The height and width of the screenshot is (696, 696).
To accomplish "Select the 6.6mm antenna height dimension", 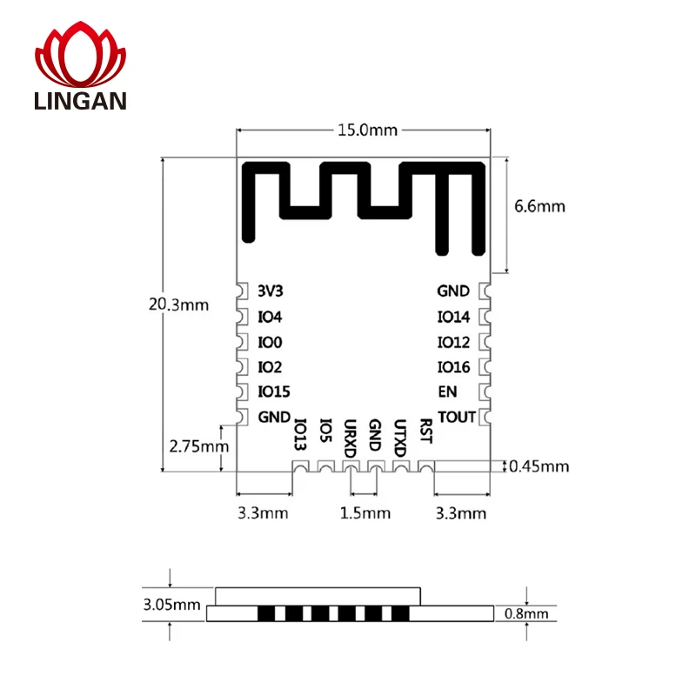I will (539, 206).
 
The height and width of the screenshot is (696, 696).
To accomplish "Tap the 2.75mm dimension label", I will (198, 446).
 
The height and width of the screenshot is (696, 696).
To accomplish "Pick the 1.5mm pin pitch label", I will (363, 512).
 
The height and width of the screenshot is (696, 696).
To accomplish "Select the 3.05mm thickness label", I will (171, 604).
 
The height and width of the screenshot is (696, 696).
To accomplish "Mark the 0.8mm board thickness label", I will (527, 614).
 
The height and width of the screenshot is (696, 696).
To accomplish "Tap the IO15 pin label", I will (274, 391).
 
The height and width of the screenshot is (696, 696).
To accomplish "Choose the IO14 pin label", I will (453, 317).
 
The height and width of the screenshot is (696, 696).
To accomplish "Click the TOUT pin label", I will (457, 417).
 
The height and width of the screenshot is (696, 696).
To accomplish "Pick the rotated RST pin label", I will (425, 431).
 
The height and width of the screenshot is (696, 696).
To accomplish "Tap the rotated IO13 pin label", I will (300, 435).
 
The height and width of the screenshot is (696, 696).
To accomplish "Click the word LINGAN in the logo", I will (81, 101).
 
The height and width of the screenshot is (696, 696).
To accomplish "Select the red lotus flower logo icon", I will (81, 55).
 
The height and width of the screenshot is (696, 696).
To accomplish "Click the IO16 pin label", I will (453, 367).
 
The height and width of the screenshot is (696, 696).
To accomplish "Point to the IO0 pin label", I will (271, 342).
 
